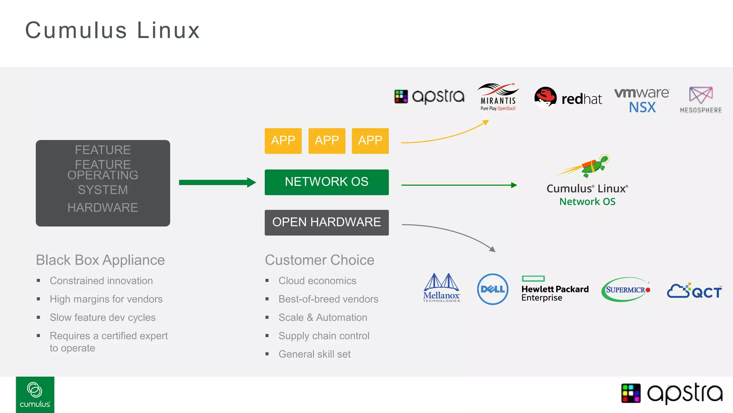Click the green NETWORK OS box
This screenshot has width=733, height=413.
[326, 182]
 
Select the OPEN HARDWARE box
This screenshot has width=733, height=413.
[326, 222]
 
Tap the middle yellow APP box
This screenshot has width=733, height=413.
[327, 141]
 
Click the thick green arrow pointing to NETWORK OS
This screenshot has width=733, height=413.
[217, 182]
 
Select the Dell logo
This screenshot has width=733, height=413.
[492, 289]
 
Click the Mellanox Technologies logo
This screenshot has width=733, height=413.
[441, 288]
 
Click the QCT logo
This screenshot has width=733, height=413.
[694, 291]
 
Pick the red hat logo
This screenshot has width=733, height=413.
[568, 98]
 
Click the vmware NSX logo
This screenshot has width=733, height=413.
[642, 100]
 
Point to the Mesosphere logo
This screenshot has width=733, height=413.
[701, 100]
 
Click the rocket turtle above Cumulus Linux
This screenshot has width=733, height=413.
[591, 166]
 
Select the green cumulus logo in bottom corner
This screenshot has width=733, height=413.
[35, 394]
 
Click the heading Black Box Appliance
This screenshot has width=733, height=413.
[100, 260]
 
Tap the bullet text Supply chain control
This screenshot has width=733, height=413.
[324, 336]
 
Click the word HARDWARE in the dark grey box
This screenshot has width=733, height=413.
[103, 208]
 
